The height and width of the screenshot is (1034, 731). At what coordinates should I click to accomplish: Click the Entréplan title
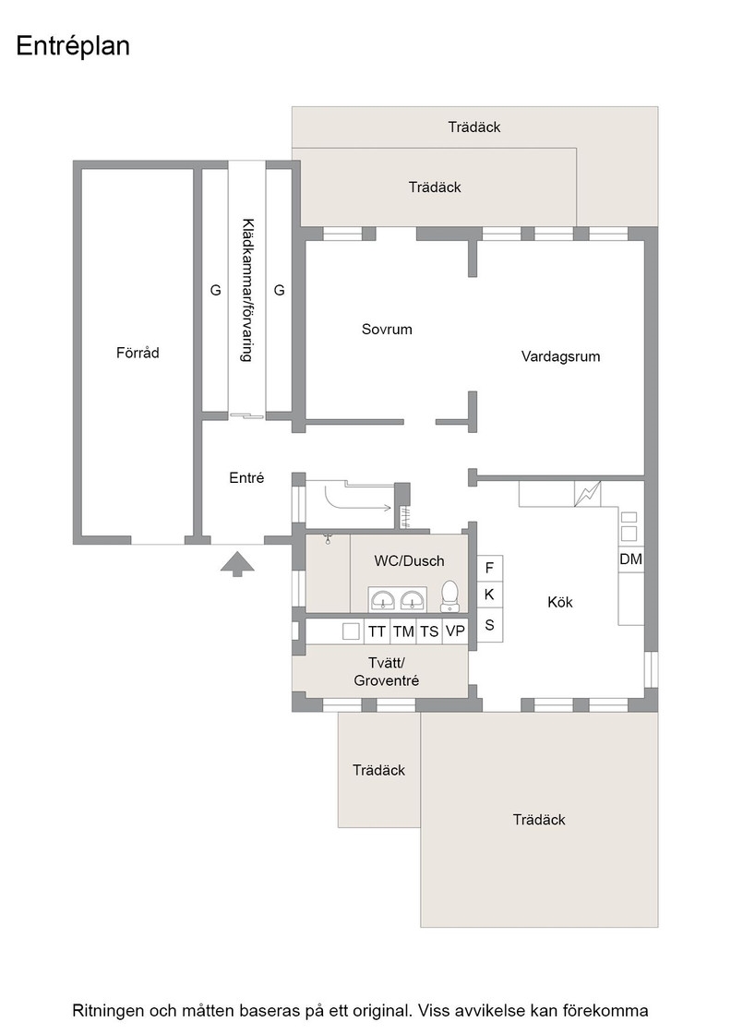73,46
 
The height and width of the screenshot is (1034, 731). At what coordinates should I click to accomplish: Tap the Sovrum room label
387,329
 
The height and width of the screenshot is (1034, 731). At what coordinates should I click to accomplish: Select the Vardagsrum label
560,356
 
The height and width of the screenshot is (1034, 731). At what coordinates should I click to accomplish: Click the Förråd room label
138,353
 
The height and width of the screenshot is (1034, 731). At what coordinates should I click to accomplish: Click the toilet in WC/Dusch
450,595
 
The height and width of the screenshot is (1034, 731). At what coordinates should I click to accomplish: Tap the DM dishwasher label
630,559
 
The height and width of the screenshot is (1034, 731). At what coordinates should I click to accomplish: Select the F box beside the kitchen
490,568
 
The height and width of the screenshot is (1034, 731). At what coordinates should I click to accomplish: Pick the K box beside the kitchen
490,595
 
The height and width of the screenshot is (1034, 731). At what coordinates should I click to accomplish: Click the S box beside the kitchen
490,625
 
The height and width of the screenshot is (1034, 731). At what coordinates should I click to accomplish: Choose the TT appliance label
377,631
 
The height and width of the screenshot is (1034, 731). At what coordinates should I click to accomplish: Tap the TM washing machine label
403,631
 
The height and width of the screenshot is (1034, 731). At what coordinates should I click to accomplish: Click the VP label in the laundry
455,631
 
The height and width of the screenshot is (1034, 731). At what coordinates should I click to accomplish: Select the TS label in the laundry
429,631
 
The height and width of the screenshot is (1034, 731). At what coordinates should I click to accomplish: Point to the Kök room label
560,602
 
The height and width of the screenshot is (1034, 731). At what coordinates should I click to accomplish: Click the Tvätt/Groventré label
386,672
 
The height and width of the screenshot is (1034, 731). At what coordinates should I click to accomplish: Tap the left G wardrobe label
216,290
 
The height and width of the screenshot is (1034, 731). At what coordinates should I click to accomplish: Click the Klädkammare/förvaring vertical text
246,290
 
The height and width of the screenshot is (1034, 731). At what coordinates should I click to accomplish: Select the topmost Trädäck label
474,127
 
